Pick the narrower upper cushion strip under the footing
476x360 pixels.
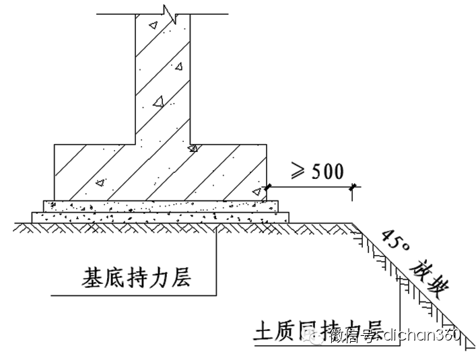click(160, 205)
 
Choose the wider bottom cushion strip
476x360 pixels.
click(160, 217)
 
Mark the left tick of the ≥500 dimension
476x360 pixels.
click(267, 187)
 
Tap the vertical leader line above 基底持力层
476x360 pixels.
click(216, 259)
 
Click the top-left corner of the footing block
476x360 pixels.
click(54, 144)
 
